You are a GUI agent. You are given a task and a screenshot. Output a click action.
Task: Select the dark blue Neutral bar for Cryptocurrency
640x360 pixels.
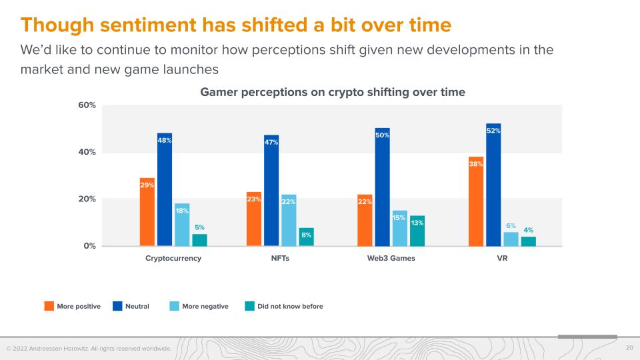tap(165, 193)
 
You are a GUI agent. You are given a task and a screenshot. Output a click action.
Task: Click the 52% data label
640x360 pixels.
tap(493, 131)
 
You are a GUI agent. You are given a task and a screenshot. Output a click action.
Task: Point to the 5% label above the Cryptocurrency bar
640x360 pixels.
tap(199, 227)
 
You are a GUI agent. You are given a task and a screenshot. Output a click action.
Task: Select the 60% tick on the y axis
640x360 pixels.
tap(87, 105)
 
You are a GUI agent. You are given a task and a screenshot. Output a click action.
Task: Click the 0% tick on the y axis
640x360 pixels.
tap(90, 246)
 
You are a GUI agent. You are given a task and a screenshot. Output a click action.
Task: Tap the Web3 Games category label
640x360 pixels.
tap(391, 259)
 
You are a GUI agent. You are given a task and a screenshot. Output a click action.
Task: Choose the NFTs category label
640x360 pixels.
tap(280, 259)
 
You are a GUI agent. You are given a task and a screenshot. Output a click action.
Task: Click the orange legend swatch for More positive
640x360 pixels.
tap(49, 307)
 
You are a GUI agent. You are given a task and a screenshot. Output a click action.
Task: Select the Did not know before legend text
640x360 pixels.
tap(290, 307)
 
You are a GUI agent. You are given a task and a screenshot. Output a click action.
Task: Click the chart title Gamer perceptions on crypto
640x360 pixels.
tap(333, 93)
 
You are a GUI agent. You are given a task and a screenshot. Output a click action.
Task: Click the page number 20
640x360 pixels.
tap(629, 348)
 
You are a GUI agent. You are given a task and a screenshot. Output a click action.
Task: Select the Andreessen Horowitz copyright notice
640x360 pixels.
tap(89, 349)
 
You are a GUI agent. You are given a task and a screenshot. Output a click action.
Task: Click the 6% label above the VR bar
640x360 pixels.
tap(511, 225)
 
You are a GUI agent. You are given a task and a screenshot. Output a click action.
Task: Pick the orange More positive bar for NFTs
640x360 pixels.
tap(254, 220)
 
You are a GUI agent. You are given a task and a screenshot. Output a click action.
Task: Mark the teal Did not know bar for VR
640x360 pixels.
tap(529, 241)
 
